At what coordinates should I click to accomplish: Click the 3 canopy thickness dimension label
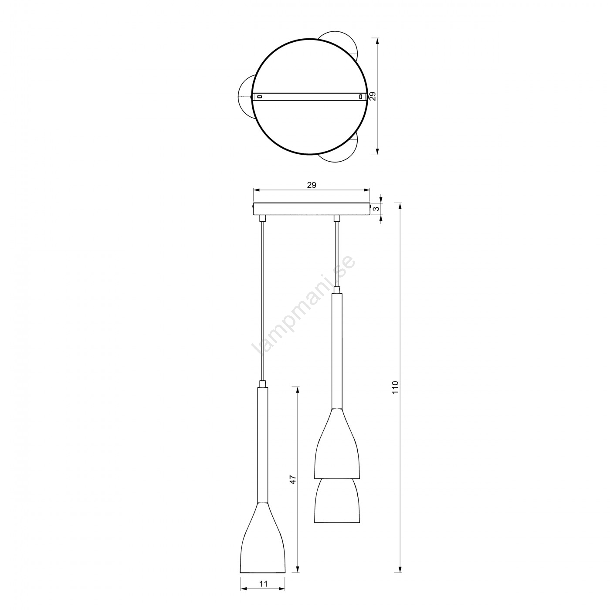[x=376, y=209]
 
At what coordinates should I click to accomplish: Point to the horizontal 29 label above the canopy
[x=312, y=185]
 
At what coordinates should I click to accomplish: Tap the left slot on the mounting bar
[x=259, y=96]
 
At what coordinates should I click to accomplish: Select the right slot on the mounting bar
[x=361, y=96]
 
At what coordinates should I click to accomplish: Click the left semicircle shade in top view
[x=238, y=97]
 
